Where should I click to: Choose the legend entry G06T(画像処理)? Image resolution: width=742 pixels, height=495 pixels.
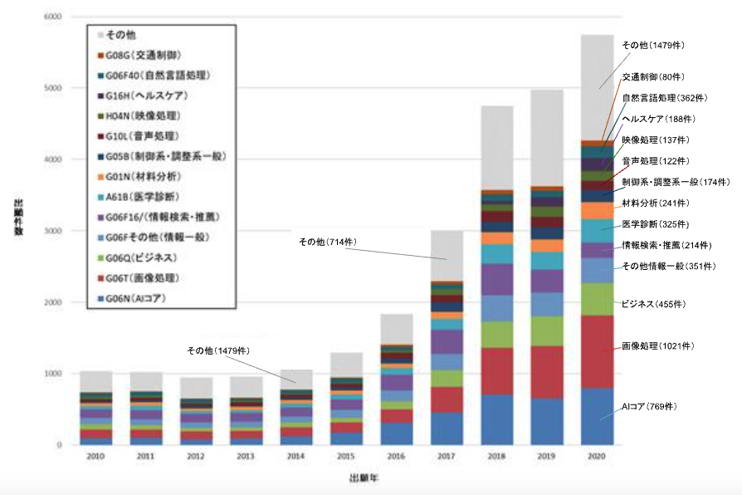pyautogui.click(x=142, y=277)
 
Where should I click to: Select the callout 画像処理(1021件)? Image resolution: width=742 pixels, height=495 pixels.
pyautogui.click(x=658, y=346)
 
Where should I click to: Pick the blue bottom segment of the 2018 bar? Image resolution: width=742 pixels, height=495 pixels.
pyautogui.click(x=496, y=419)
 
